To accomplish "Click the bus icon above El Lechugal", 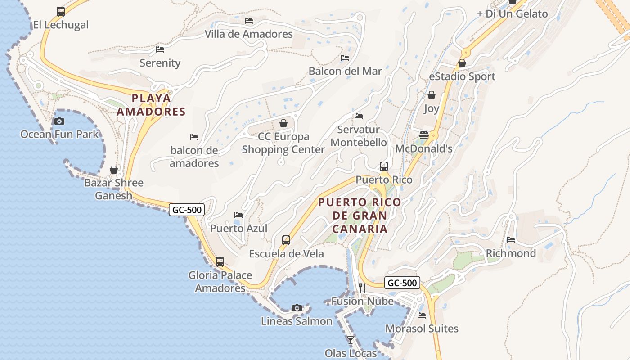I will (x=60, y=12).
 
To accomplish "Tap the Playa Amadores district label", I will (x=151, y=105).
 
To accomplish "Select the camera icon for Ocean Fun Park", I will (x=59, y=121).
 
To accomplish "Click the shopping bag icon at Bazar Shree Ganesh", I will (x=113, y=170).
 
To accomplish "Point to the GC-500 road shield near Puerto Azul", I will (x=187, y=209).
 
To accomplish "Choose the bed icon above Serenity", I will (x=160, y=49).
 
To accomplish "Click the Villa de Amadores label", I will (x=248, y=34).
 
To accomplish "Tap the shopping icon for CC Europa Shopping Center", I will (x=283, y=123).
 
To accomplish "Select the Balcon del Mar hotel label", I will (x=345, y=71).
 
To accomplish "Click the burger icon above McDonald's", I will (x=423, y=135).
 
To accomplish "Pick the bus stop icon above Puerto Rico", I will (x=383, y=166).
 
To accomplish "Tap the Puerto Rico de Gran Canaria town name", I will (x=360, y=216).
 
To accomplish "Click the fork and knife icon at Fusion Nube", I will (x=362, y=288).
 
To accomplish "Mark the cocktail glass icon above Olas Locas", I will (x=351, y=340).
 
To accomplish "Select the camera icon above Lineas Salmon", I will (x=297, y=308).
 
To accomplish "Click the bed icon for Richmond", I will (x=510, y=240).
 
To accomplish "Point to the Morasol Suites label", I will (x=422, y=328).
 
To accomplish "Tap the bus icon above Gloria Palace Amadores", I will (x=220, y=262).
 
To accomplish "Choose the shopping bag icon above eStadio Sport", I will (x=462, y=63).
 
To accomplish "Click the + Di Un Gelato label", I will (x=512, y=13).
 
